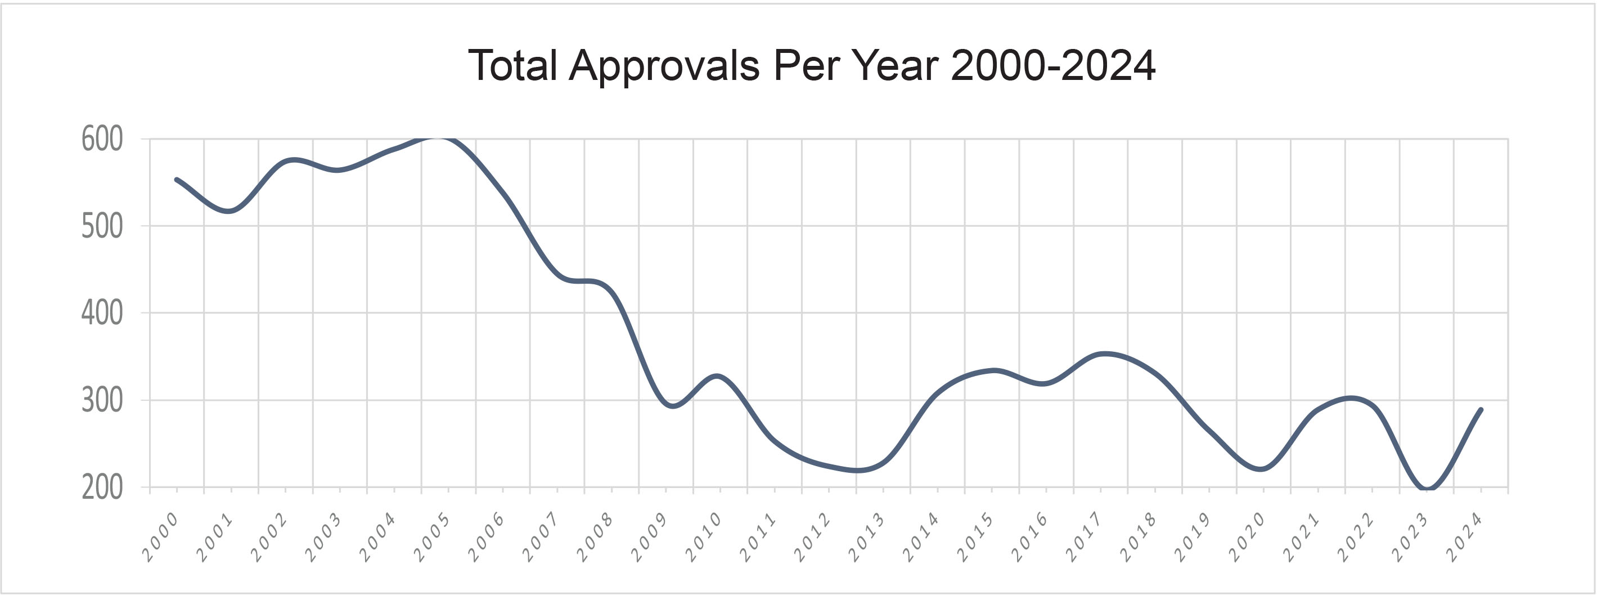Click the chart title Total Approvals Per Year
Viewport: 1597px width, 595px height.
(812, 65)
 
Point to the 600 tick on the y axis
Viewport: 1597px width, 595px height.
(102, 140)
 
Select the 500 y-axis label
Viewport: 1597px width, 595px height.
(102, 226)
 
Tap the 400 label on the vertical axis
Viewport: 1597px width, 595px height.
(102, 314)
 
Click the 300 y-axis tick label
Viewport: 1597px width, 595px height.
(102, 401)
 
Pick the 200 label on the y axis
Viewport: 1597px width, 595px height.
(102, 488)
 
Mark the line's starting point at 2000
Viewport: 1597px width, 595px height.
(177, 180)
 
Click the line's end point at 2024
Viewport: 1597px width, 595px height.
(1481, 409)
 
